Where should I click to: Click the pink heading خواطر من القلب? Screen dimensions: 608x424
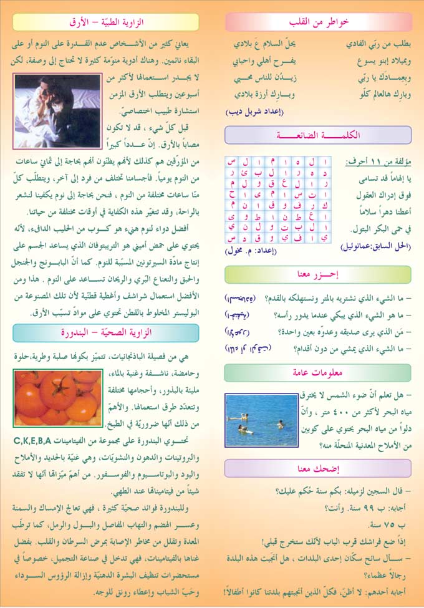318,22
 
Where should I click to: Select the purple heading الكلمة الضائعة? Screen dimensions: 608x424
318,135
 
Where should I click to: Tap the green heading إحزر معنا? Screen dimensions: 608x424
318,274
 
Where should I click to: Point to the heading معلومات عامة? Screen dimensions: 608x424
318,373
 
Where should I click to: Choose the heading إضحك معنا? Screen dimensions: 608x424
318,468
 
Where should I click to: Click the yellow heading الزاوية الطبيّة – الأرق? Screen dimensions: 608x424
105,22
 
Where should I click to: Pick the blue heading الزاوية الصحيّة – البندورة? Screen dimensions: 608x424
105,333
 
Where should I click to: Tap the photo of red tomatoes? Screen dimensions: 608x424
56,397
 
